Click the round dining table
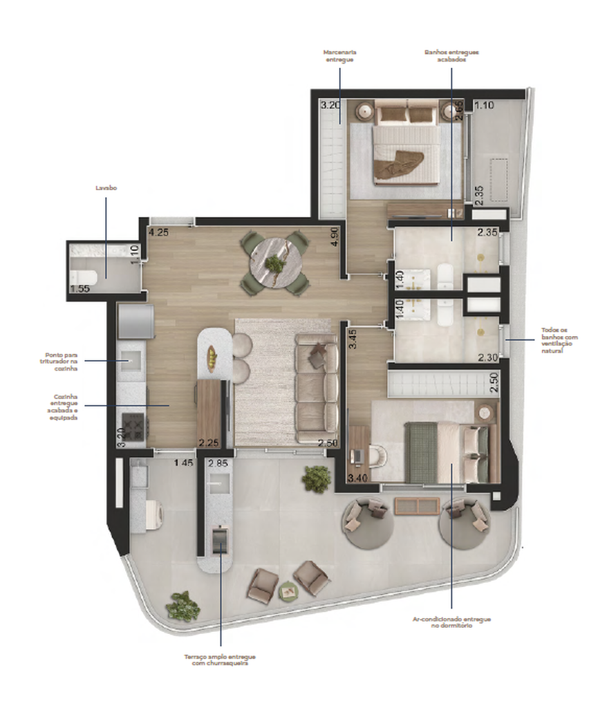click(275, 262)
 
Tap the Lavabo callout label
click(106, 187)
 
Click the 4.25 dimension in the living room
click(158, 232)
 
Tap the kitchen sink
click(131, 358)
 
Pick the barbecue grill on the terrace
click(220, 539)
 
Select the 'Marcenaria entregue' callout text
click(339, 56)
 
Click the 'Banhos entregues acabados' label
click(451, 56)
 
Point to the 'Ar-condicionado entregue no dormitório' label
click(451, 622)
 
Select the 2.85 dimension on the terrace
click(218, 462)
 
